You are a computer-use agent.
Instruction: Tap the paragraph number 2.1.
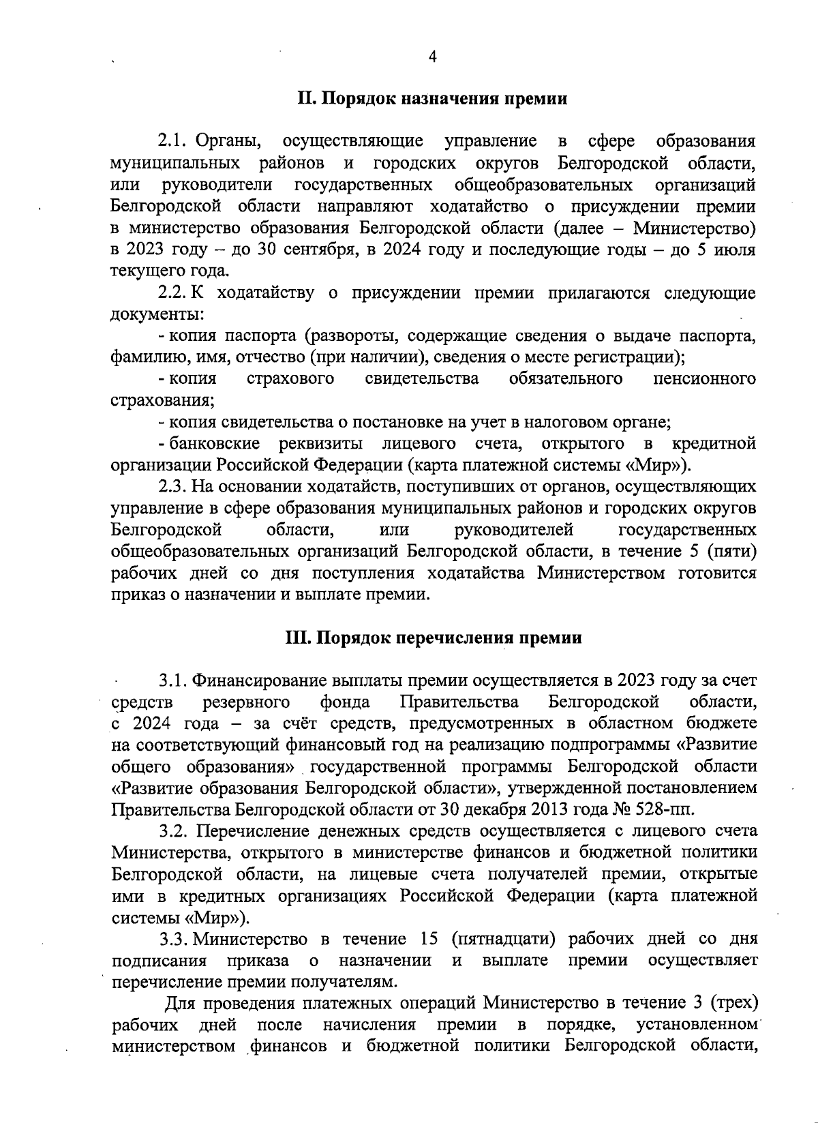[x=172, y=141]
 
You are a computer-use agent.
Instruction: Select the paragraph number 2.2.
[x=172, y=293]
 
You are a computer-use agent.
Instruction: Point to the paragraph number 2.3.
[x=172, y=487]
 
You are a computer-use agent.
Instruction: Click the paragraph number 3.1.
[x=174, y=680]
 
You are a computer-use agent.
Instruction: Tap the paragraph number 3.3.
[x=174, y=939]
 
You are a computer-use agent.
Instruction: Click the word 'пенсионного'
[x=704, y=378]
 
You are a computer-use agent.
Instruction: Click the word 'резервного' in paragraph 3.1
[x=247, y=702]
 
